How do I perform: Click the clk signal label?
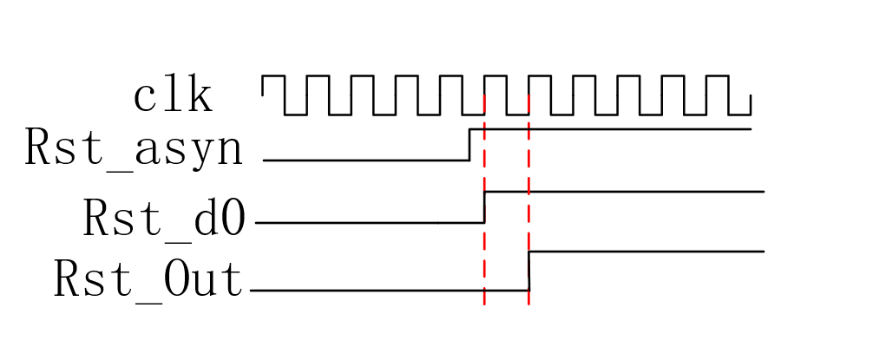173,97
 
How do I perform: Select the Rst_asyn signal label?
134,148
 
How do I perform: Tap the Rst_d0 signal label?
165,218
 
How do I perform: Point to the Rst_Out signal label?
148,279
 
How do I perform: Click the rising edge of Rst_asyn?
469,145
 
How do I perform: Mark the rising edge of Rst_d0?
484,206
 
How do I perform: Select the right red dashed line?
528,173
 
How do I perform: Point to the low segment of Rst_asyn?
364,160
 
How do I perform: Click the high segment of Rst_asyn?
625,129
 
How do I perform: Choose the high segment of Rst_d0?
625,191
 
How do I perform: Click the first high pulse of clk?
272,77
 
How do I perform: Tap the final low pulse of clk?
739,114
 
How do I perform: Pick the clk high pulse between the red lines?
506,77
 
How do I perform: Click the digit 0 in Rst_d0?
232,218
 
